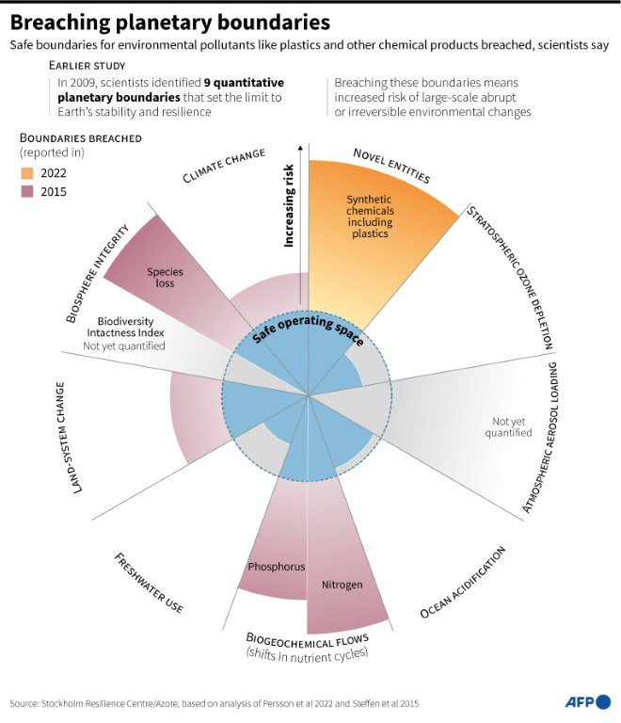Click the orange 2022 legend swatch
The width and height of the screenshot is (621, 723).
(x=27, y=173)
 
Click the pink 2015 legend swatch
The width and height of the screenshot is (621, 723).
(x=27, y=192)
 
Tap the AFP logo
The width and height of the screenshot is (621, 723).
(x=588, y=702)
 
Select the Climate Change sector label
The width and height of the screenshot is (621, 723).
(x=224, y=165)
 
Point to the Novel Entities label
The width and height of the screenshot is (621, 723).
(x=391, y=166)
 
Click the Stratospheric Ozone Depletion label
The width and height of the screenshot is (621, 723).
(x=510, y=278)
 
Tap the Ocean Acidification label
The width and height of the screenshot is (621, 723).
(x=463, y=582)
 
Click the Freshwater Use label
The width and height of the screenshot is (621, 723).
(x=149, y=583)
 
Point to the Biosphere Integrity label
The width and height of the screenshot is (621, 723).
(x=97, y=273)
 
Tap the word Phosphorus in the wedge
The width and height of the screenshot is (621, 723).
(x=277, y=567)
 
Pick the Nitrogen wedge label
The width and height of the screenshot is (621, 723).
(x=342, y=585)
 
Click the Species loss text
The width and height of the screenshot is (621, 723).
(x=165, y=278)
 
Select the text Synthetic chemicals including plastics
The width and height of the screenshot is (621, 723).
(x=370, y=217)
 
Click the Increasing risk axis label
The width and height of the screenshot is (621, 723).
(x=288, y=205)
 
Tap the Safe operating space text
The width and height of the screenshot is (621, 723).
(x=309, y=329)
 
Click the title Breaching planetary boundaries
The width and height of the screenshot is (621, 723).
(x=170, y=23)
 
